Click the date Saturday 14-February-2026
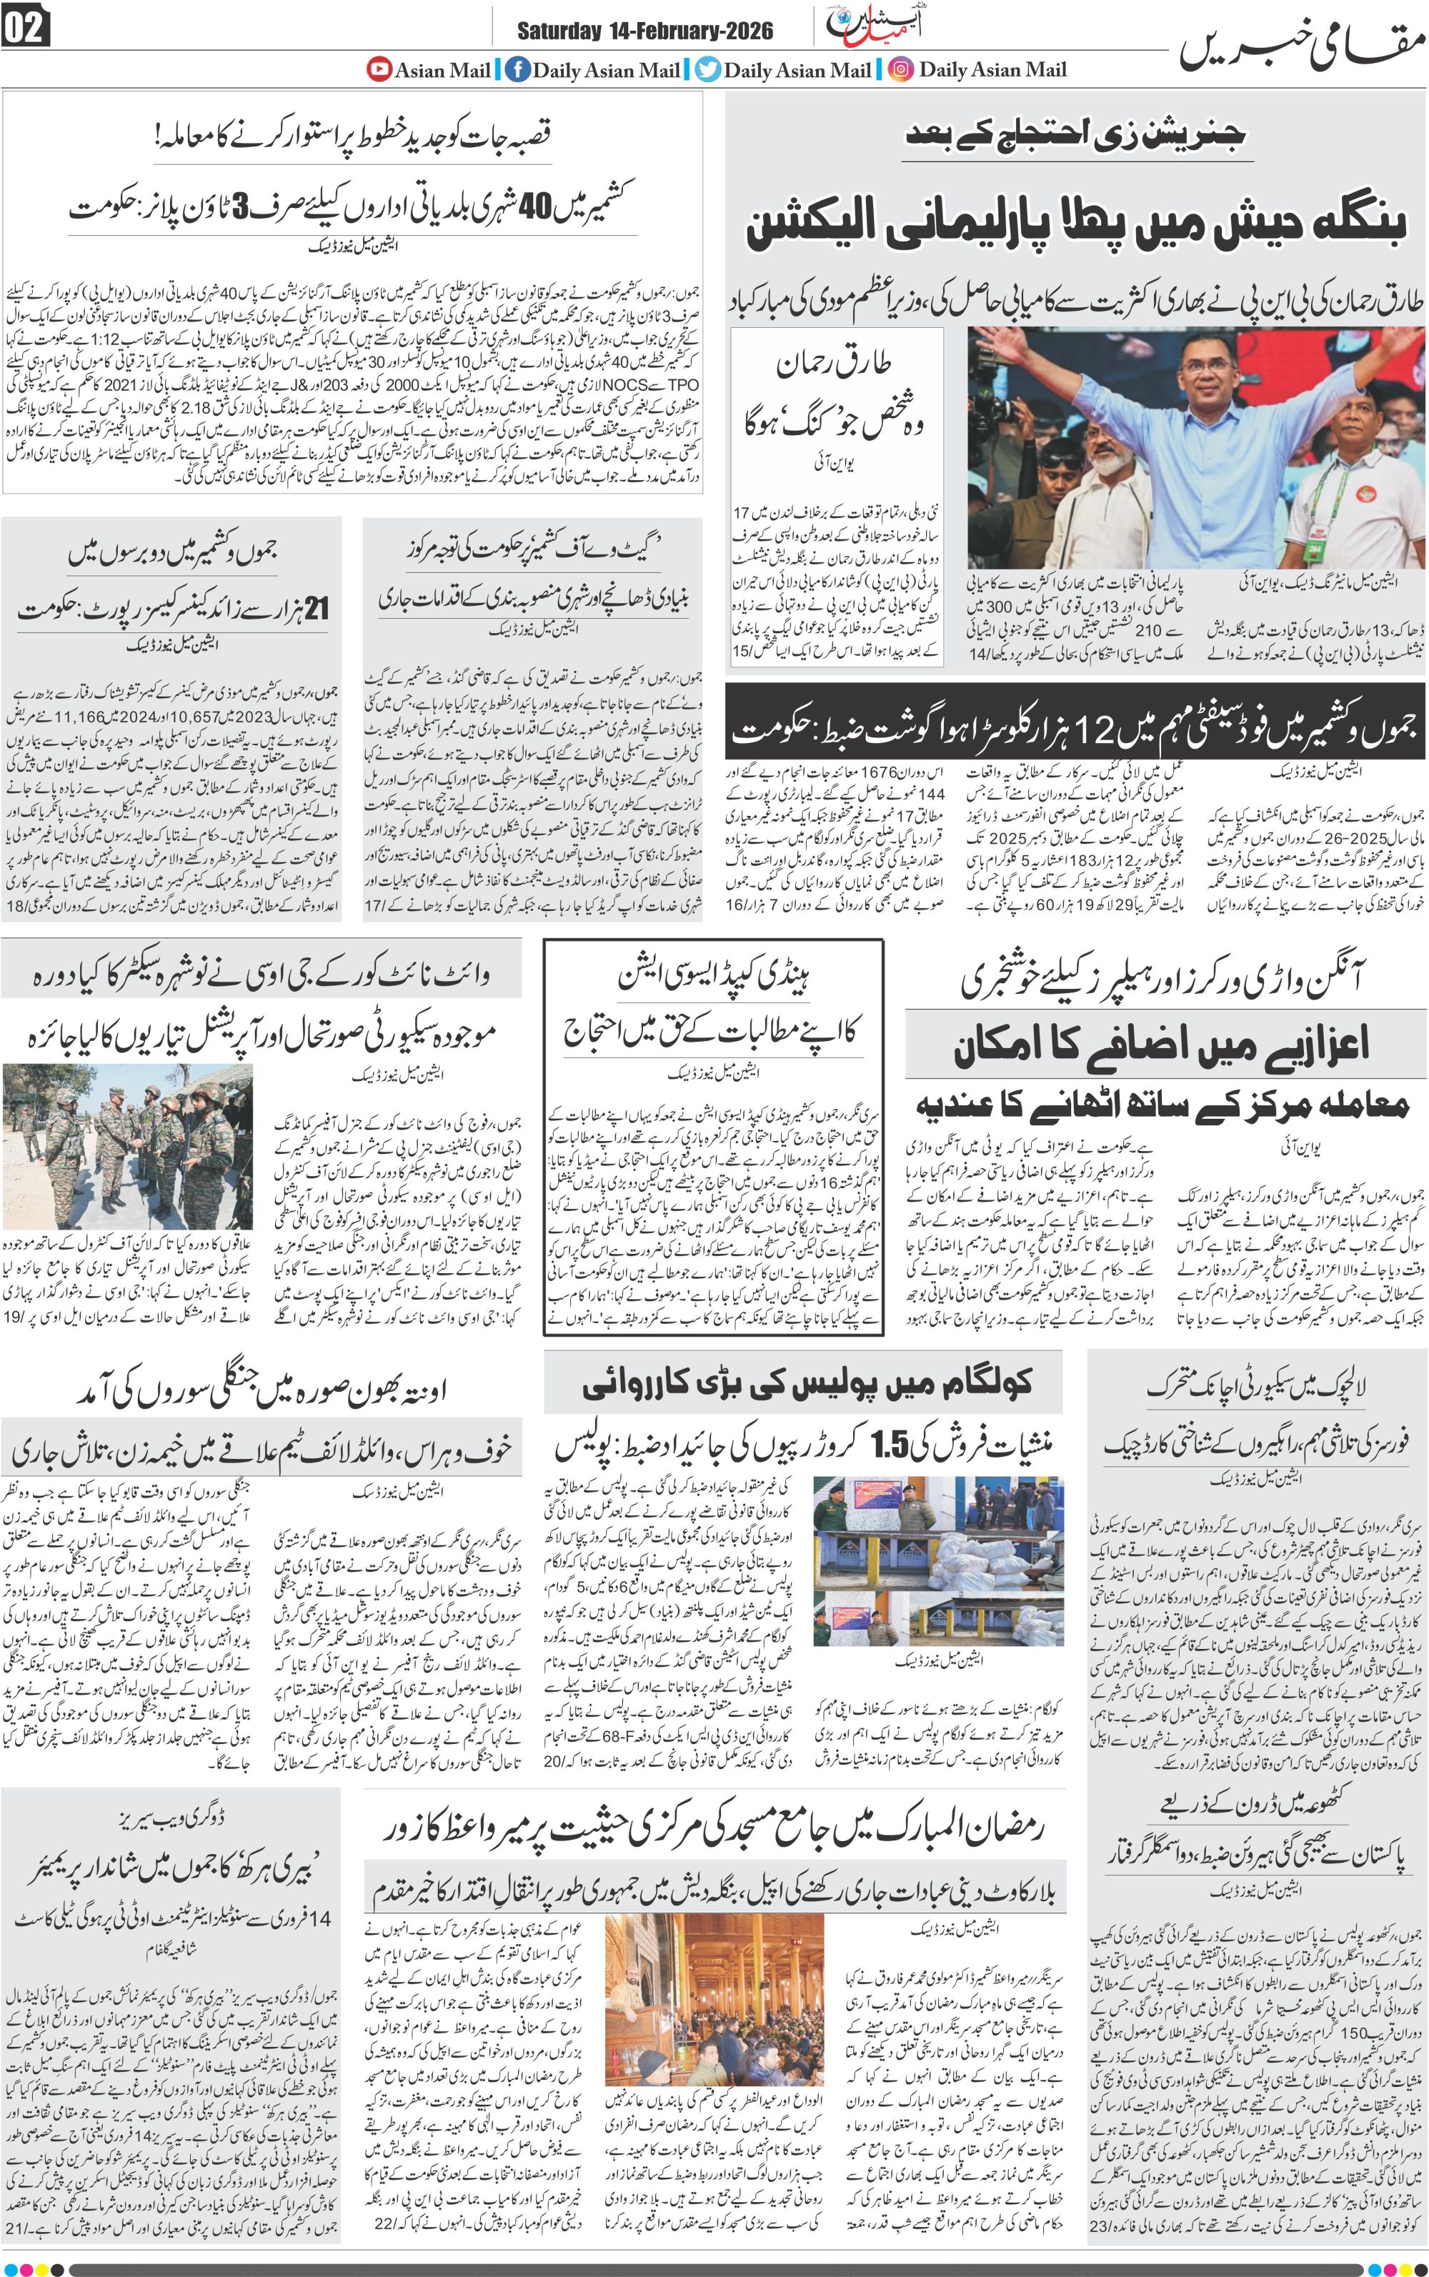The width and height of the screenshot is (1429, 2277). [644, 32]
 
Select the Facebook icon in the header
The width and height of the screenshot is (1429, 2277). [517, 70]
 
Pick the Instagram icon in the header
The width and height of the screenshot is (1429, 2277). [901, 70]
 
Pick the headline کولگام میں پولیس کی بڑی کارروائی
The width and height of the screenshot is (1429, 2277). [808, 1384]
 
